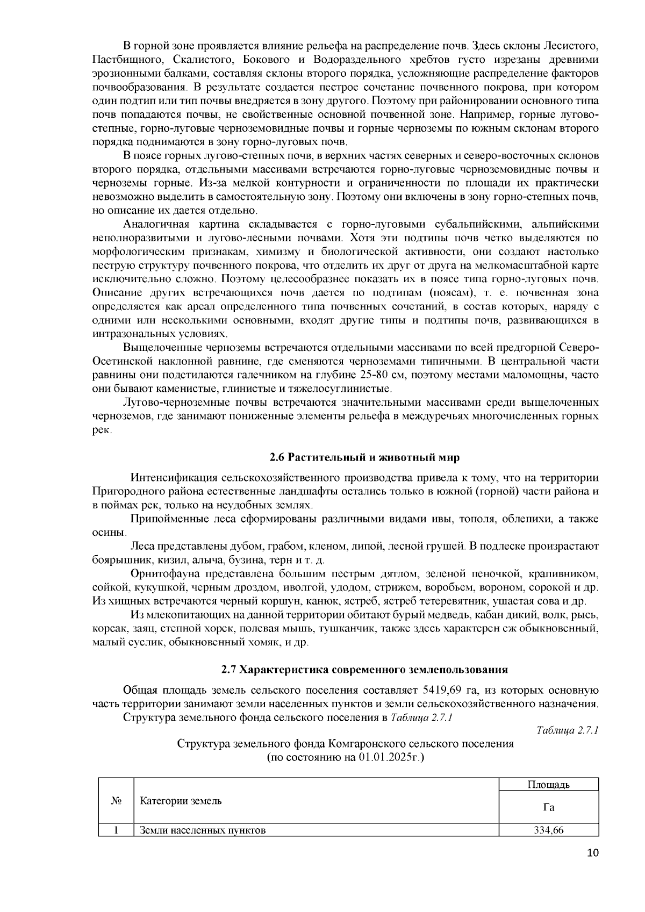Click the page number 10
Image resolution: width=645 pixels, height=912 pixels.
[593, 868]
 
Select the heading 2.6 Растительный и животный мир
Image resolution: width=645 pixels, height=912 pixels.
[364, 457]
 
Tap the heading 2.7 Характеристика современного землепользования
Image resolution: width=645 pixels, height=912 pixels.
[364, 670]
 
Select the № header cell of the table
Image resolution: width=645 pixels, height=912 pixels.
[116, 801]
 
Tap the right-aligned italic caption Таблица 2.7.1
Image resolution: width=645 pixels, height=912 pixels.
[568, 730]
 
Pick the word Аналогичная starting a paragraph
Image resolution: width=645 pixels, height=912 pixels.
[156, 224]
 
